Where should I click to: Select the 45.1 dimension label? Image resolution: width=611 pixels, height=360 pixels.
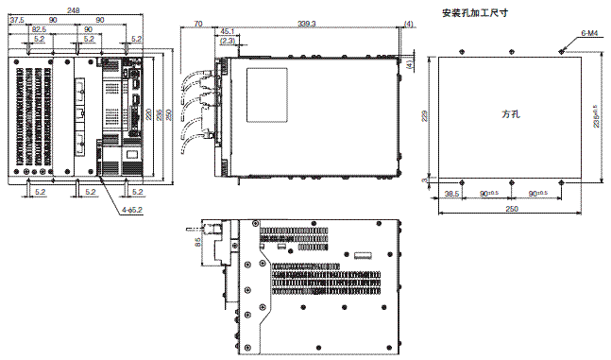pos(229,31)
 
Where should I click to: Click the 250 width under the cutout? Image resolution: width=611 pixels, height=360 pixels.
pos(511,208)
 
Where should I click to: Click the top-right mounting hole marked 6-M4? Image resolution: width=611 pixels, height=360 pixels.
pos(562,52)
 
